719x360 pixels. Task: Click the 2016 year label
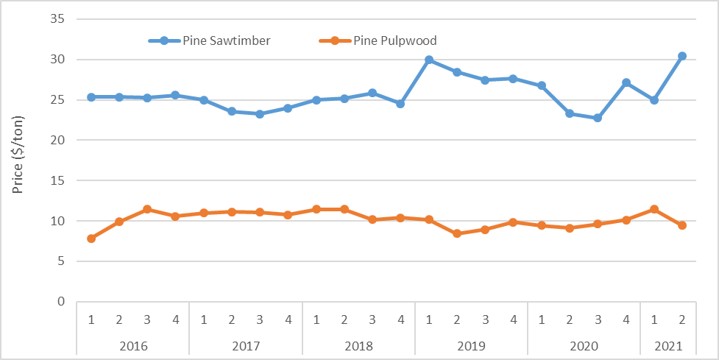coord(133,345)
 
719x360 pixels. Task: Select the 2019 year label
coord(471,345)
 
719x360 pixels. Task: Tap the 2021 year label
coord(668,345)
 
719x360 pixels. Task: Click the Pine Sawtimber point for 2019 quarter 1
coord(429,60)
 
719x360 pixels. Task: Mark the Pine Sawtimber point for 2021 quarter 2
coord(682,56)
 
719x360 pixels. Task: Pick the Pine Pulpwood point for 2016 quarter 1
coord(91,239)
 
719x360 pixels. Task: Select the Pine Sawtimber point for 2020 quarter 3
coord(598,118)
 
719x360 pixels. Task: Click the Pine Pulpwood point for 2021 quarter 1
coord(654,209)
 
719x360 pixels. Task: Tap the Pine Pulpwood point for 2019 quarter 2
coord(457,233)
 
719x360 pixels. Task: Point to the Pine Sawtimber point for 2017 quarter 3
coord(260,114)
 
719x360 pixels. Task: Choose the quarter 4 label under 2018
coord(400,320)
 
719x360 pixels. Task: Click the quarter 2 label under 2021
coord(682,320)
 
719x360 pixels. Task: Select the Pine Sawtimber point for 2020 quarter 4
coord(626,82)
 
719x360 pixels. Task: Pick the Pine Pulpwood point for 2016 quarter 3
coord(147,209)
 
